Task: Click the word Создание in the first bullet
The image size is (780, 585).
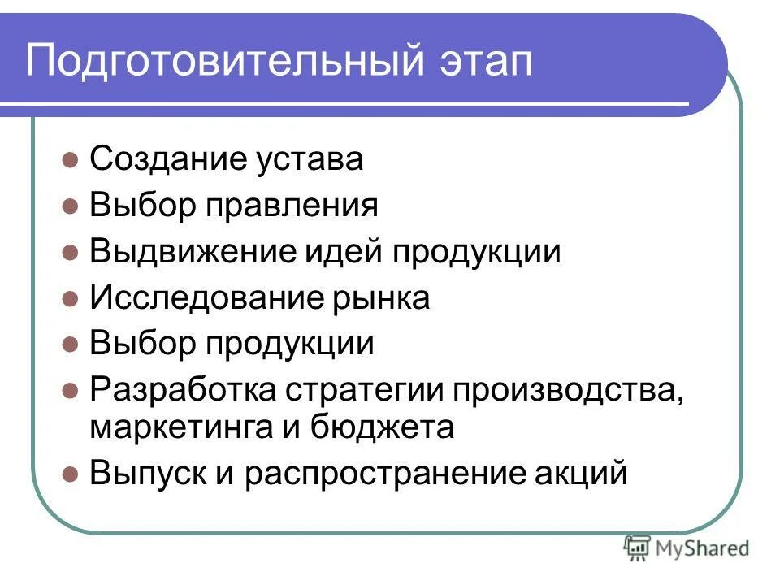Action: (170, 158)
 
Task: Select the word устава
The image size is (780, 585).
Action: (312, 160)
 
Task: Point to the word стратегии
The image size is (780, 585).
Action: (363, 390)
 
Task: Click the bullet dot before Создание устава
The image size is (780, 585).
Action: (71, 158)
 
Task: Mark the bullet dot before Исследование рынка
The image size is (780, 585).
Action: (71, 298)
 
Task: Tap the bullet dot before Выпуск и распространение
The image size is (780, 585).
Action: (71, 472)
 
